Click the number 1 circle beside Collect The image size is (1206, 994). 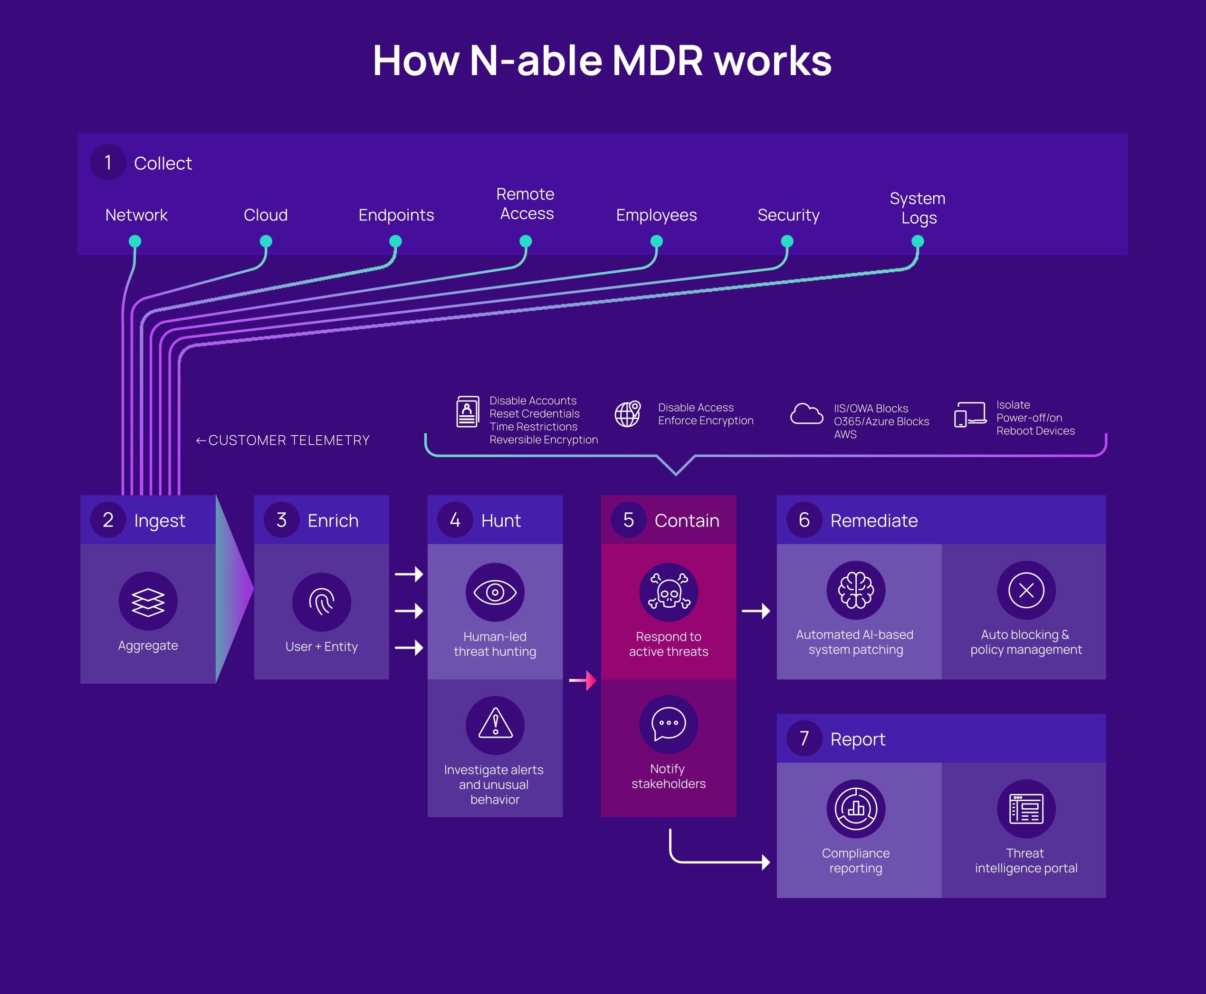click(108, 162)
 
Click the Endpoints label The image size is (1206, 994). click(396, 215)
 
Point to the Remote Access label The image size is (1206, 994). click(526, 204)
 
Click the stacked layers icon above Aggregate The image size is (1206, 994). click(148, 601)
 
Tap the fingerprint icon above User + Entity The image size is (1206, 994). click(321, 602)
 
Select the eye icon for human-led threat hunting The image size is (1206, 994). click(495, 592)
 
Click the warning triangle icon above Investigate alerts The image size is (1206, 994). click(495, 725)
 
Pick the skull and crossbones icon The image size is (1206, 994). click(669, 592)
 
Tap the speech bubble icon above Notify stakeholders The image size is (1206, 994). click(669, 724)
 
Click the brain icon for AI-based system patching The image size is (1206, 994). click(855, 590)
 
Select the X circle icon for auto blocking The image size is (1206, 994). click(1026, 590)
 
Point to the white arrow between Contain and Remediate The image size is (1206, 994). click(756, 611)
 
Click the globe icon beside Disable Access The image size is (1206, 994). click(628, 413)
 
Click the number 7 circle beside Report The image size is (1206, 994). click(804, 739)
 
